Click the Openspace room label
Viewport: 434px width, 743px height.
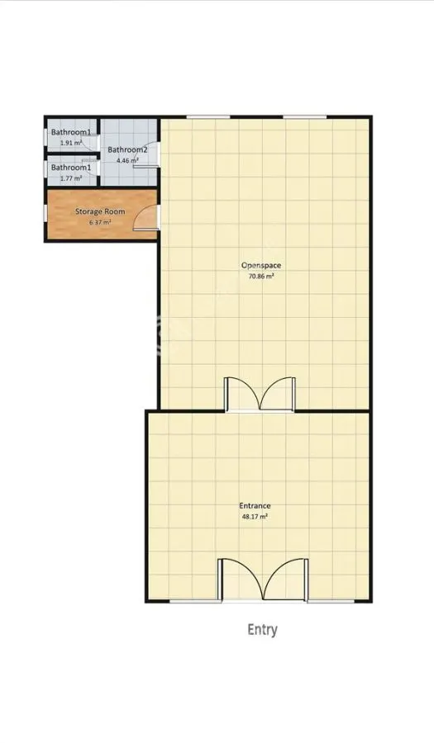261,265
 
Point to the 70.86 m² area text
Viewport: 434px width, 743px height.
261,276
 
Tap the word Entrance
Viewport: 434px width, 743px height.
255,506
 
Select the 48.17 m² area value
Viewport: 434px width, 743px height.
255,517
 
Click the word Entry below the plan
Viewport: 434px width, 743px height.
262,630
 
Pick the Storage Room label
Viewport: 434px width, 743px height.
100,211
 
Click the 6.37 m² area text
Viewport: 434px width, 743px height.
100,222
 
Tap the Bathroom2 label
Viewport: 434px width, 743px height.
127,149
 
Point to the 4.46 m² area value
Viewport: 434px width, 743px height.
127,160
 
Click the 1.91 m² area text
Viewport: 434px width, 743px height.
70,143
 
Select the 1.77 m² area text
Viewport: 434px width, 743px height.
70,178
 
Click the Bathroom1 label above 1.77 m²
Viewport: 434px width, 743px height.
71,168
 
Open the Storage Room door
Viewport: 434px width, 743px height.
145,218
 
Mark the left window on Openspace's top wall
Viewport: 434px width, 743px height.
207,116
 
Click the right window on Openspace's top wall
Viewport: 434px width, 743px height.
304,116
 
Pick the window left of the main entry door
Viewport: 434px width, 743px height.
194,601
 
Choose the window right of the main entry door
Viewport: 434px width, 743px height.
331,601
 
